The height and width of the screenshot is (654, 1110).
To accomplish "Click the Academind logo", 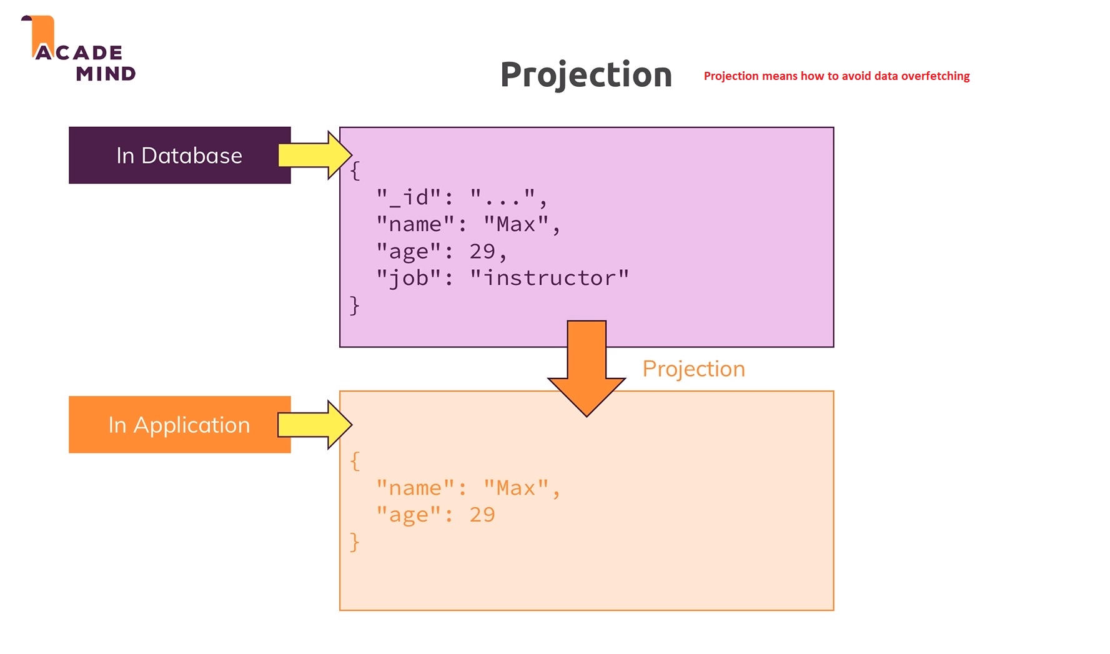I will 79,50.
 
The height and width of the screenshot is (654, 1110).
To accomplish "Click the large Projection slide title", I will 586,75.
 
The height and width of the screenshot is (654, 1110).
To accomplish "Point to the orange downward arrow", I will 587,369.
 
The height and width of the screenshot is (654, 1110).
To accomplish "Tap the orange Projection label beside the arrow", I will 693,369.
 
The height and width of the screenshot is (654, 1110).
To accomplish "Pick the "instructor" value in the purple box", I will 549,278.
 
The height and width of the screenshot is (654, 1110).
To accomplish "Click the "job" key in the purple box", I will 410,278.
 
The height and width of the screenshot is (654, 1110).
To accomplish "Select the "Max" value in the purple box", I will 516,224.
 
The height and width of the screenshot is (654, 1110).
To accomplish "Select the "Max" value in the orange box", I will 516,488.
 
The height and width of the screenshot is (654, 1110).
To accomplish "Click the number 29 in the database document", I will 482,251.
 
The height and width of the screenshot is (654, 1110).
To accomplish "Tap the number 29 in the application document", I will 482,515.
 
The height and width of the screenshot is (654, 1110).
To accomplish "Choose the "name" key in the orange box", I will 415,488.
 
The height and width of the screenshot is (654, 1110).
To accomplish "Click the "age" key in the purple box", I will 410,251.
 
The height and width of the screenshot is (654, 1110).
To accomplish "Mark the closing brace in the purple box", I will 355,305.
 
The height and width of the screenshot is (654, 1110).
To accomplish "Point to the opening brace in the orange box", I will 355,462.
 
